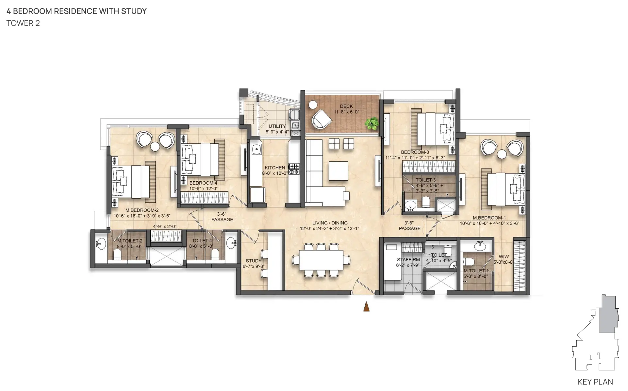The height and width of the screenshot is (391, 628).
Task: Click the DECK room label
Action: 346,106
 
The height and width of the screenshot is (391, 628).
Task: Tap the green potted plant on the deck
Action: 372,124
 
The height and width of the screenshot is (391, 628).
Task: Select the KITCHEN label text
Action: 275,168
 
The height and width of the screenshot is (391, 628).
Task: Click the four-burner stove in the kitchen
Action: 294,169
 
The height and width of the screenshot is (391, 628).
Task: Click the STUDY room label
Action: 254,261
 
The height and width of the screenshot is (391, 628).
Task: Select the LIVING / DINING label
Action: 330,223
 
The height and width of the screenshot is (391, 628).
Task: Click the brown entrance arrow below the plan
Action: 366,306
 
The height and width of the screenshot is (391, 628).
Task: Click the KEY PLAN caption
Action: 595,382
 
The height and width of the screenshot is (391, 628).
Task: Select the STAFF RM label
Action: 408,260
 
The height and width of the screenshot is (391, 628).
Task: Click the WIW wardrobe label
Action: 504,257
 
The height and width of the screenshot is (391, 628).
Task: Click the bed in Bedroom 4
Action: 200,160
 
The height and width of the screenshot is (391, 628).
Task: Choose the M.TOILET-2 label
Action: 130,241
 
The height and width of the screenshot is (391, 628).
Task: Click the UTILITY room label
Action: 277,126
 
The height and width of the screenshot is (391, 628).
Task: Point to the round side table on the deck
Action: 313,105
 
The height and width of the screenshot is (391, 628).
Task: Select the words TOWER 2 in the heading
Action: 23,23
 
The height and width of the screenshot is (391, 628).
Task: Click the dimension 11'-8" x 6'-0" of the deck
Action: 346,112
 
